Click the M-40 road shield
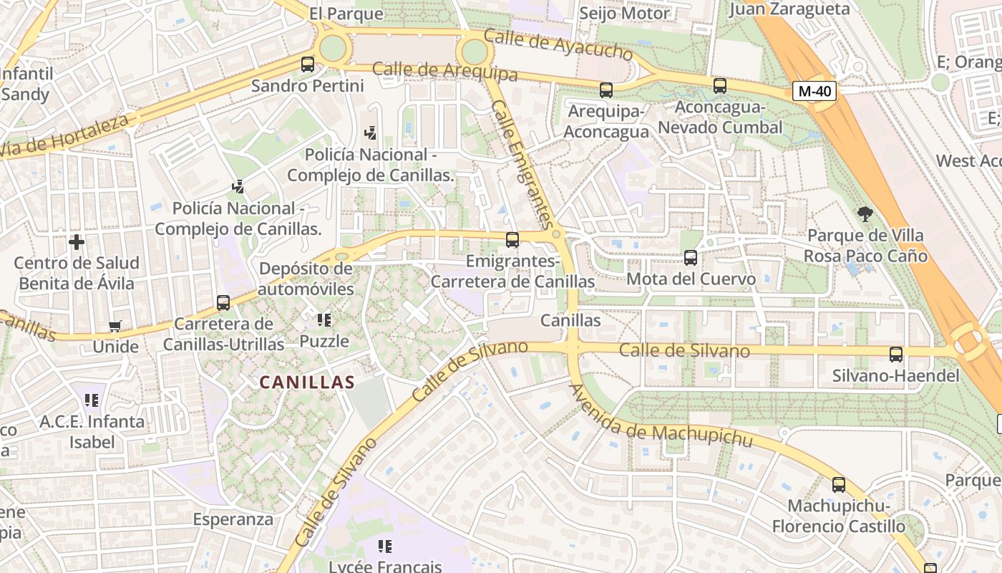[x=814, y=91]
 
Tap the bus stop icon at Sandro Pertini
[x=308, y=64]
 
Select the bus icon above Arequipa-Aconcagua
[x=606, y=90]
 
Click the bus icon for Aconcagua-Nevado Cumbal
[x=720, y=86]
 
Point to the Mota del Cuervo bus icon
[x=691, y=258]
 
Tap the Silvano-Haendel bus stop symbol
[x=896, y=354]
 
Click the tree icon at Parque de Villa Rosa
[x=865, y=213]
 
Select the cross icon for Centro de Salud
[x=77, y=242]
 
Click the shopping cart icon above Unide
[x=115, y=327]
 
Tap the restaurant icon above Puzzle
[x=324, y=319]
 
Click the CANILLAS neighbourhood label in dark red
[x=307, y=382]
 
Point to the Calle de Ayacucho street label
[x=558, y=45]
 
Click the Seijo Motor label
[x=624, y=13]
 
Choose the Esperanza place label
[x=233, y=519]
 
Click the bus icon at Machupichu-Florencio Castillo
[x=839, y=485]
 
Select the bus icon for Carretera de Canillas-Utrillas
[x=223, y=303]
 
